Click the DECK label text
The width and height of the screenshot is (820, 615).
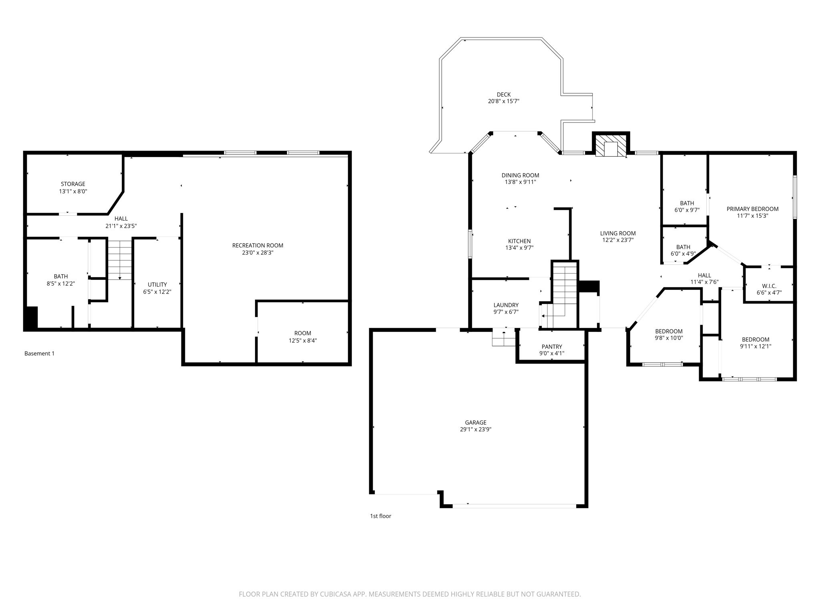pos(503,95)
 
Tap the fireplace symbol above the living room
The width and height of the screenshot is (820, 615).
pos(611,145)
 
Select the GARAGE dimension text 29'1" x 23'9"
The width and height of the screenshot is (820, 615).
pos(476,429)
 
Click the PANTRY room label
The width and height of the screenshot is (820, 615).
pos(552,347)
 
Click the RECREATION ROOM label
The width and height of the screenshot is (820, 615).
pos(257,245)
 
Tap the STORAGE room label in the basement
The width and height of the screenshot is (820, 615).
pos(73,184)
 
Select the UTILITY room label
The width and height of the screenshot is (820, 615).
pos(157,285)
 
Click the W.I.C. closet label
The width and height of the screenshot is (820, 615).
pos(769,286)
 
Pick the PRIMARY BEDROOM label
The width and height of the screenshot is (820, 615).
pos(752,209)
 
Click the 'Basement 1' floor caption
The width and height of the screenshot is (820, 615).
pos(39,354)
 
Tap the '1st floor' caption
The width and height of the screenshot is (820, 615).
pos(380,516)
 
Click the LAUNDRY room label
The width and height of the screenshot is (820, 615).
pos(506,305)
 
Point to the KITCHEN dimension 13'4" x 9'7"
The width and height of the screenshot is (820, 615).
pos(519,248)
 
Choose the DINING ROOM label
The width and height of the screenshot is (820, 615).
pos(520,175)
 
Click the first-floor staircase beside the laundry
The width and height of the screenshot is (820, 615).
pos(565,288)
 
